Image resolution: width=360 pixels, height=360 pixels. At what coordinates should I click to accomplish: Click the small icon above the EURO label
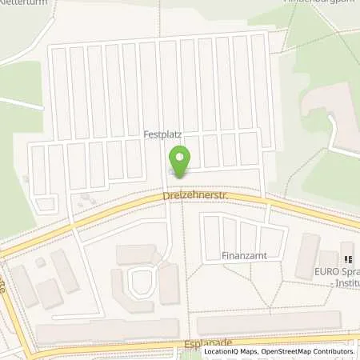coord(348,257)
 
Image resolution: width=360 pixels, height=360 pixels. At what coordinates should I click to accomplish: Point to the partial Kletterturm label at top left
coord(24,2)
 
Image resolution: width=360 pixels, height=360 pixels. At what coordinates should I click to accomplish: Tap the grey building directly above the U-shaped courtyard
coord(136,254)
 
